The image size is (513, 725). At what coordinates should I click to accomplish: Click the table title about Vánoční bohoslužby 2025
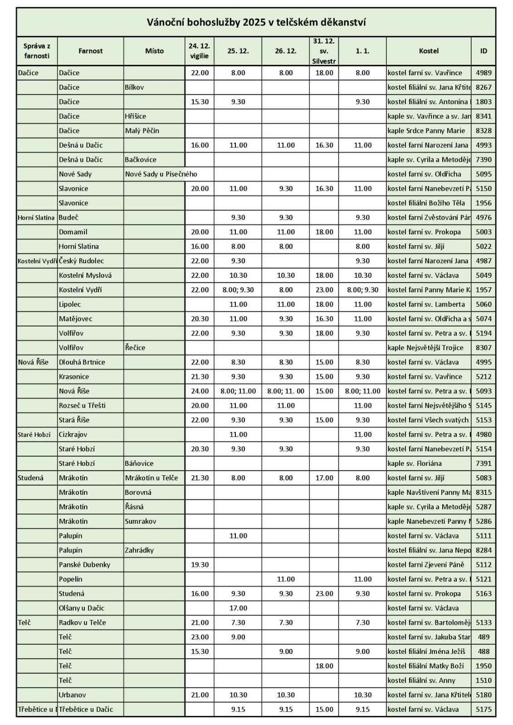tap(256, 22)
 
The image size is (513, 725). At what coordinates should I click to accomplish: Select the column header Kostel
tap(429, 51)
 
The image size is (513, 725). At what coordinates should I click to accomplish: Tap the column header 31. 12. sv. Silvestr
tap(324, 51)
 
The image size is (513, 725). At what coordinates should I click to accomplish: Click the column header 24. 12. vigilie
tap(200, 51)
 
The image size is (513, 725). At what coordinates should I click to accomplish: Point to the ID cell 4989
tap(484, 73)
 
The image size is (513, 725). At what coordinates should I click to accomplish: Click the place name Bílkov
tap(134, 87)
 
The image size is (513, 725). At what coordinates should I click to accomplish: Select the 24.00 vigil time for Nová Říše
tap(200, 391)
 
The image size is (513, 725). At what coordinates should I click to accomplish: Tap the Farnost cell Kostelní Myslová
tap(85, 275)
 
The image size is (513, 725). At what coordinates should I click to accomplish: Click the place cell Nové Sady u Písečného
tap(161, 174)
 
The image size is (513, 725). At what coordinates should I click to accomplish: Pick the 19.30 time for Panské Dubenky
tap(200, 565)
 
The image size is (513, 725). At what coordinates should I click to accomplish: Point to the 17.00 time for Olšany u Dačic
tap(238, 608)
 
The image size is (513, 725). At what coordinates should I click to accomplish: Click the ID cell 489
tap(484, 637)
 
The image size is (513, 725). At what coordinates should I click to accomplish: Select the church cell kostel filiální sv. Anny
tap(421, 681)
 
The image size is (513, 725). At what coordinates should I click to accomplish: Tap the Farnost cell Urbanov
tap(72, 695)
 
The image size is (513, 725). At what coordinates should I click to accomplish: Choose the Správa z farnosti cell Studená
tap(31, 478)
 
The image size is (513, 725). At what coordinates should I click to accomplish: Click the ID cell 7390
tap(484, 159)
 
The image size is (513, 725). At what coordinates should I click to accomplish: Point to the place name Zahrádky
tap(139, 550)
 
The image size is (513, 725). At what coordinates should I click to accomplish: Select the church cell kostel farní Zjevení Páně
tap(426, 565)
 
